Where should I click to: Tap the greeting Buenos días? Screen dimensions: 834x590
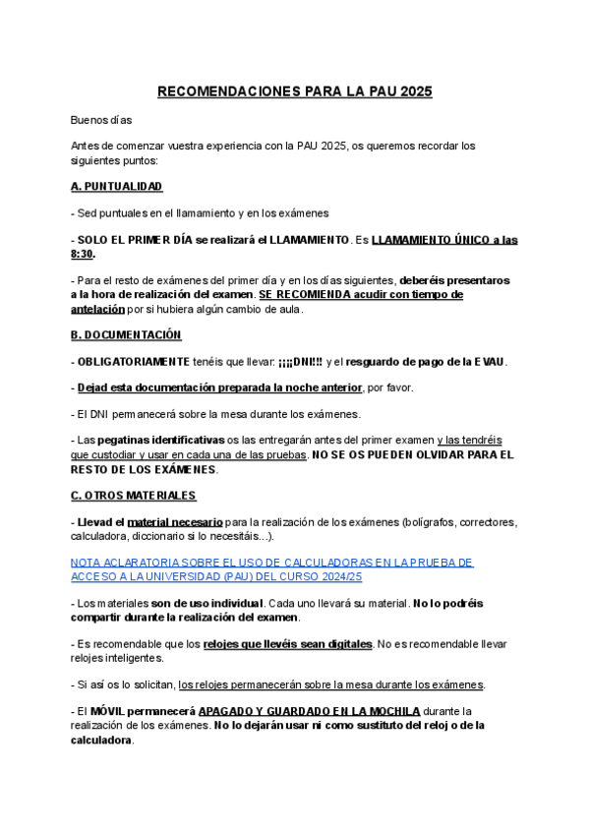(101, 121)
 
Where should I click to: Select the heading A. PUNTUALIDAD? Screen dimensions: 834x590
(117, 186)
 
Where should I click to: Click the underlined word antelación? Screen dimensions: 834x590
(98, 309)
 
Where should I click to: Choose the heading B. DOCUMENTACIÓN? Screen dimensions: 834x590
(127, 334)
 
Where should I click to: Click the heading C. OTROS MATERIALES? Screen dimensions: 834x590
(134, 495)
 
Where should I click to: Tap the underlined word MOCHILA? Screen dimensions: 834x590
(390, 710)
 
